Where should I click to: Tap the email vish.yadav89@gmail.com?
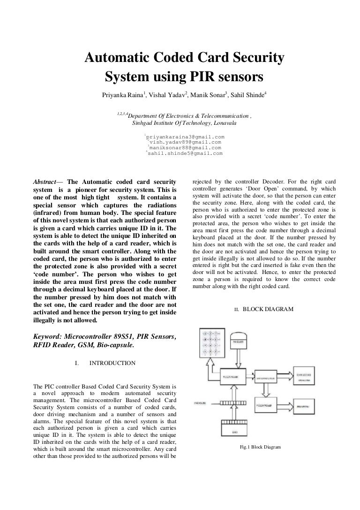point(185,142)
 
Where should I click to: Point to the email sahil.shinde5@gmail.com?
point(185,153)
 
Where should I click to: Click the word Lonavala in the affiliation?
point(225,124)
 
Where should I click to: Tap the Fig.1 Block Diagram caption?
point(260,447)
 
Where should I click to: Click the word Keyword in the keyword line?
point(48,337)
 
